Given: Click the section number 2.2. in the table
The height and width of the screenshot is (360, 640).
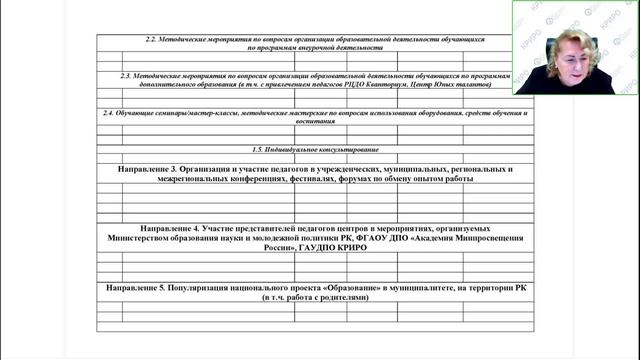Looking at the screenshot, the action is point(153,38).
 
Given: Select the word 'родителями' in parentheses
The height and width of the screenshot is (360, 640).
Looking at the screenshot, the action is point(344,298).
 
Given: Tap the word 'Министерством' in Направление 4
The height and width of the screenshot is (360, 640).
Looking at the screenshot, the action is point(156,239).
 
